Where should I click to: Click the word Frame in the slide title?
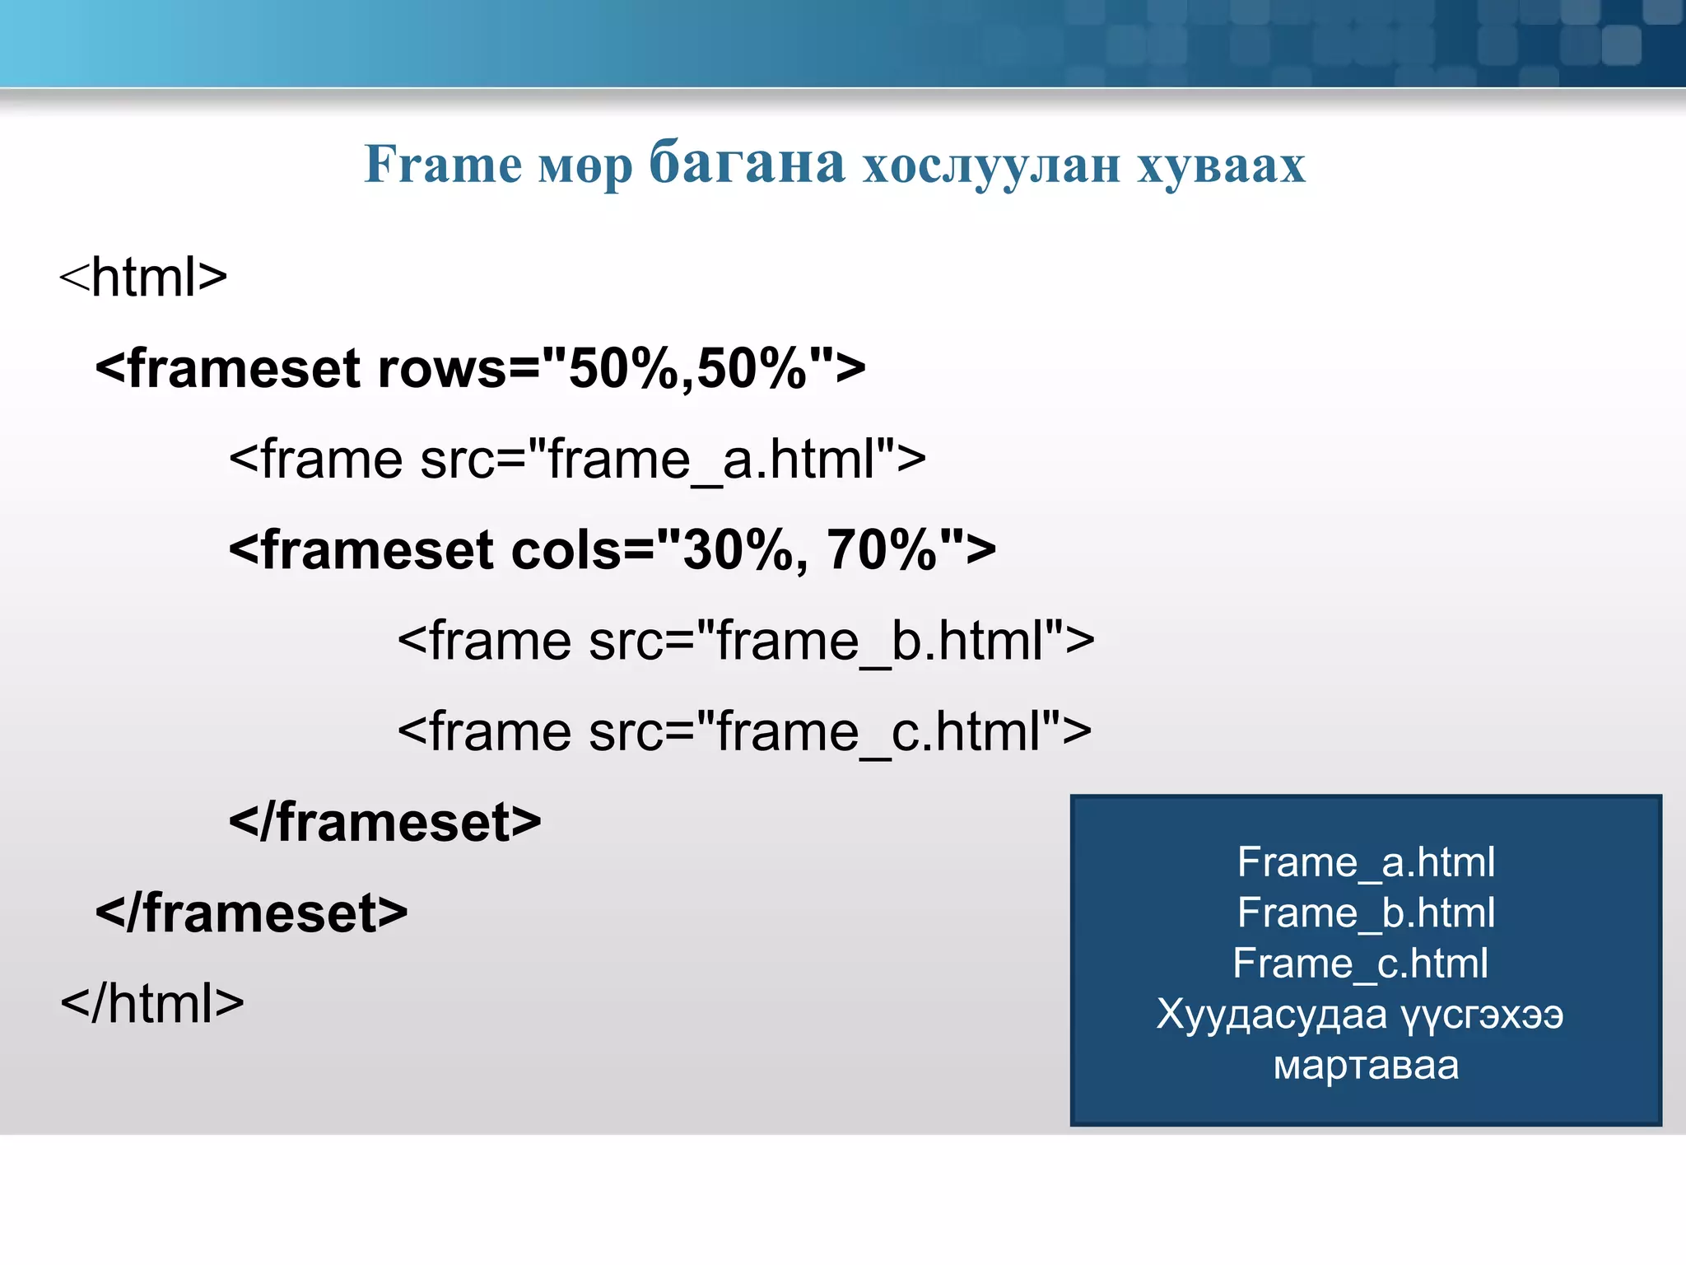(443, 164)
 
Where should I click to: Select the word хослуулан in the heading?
(991, 166)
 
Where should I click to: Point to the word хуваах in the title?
(1222, 166)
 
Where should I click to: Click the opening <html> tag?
(143, 277)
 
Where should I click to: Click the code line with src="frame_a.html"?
(577, 459)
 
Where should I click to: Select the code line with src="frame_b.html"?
(746, 640)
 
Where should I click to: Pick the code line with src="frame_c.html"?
(744, 731)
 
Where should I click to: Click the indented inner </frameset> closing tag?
(384, 821)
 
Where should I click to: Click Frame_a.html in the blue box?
(1366, 862)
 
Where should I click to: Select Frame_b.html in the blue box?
(1366, 913)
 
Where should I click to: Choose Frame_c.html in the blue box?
(1360, 963)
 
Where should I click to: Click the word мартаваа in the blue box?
(1366, 1065)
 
